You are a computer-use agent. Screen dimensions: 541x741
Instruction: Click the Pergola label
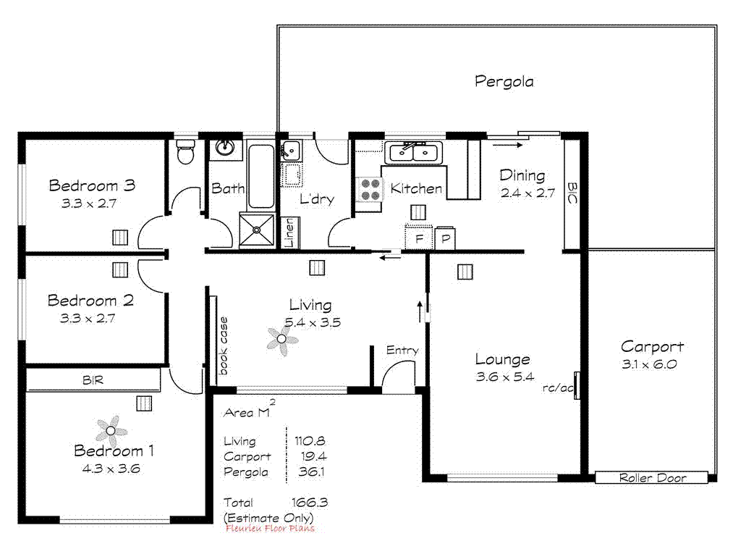(504, 81)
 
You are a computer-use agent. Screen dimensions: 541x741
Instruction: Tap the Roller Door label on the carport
(652, 478)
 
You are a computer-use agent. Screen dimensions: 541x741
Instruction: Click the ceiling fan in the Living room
(281, 339)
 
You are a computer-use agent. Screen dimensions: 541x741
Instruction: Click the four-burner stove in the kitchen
(370, 190)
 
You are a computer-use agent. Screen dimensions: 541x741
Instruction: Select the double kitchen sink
(414, 152)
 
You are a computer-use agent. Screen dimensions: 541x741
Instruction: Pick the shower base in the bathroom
(257, 230)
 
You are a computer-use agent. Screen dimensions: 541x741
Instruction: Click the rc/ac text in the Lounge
(558, 387)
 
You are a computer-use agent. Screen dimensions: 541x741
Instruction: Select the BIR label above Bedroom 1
(92, 379)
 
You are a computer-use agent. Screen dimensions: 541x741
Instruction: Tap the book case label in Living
(224, 346)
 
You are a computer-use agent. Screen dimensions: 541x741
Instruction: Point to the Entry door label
(402, 351)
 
